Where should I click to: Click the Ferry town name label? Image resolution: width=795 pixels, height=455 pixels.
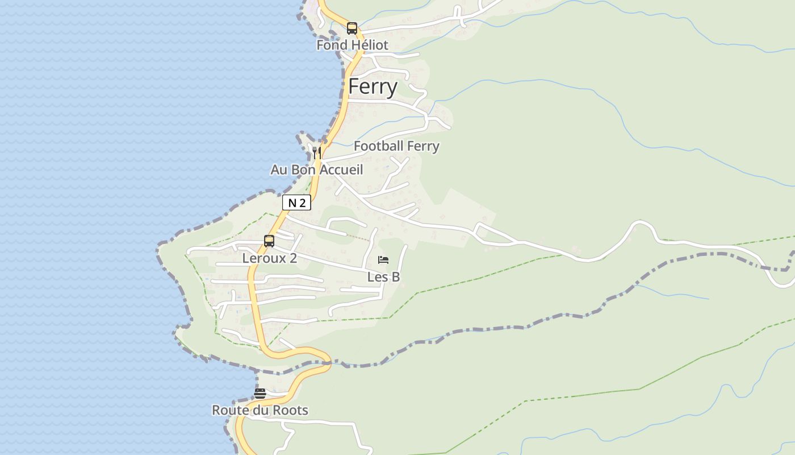[373, 87]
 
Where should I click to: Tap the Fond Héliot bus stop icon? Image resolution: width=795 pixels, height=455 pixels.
[352, 28]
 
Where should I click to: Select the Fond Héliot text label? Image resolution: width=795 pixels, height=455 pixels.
[352, 45]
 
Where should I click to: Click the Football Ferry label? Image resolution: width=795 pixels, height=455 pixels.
[396, 146]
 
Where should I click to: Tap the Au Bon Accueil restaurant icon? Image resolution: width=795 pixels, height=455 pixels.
[317, 152]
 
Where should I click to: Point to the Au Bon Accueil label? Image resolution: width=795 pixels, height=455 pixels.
[316, 169]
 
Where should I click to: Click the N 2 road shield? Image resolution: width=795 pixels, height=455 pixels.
[296, 202]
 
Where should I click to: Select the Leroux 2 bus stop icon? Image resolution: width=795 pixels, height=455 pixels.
[269, 241]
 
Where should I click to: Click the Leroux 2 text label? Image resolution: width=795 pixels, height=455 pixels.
[269, 258]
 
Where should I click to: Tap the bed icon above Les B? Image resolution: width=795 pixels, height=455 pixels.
[383, 260]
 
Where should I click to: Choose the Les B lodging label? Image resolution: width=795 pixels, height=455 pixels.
[383, 277]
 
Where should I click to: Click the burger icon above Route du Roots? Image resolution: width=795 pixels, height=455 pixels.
[260, 393]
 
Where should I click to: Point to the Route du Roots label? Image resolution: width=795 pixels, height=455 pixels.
[260, 410]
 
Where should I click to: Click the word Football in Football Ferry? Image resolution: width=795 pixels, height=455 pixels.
[378, 146]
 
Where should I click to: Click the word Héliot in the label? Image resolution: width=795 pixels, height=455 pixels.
[369, 45]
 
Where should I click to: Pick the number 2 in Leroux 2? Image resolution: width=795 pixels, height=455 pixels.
[293, 258]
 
